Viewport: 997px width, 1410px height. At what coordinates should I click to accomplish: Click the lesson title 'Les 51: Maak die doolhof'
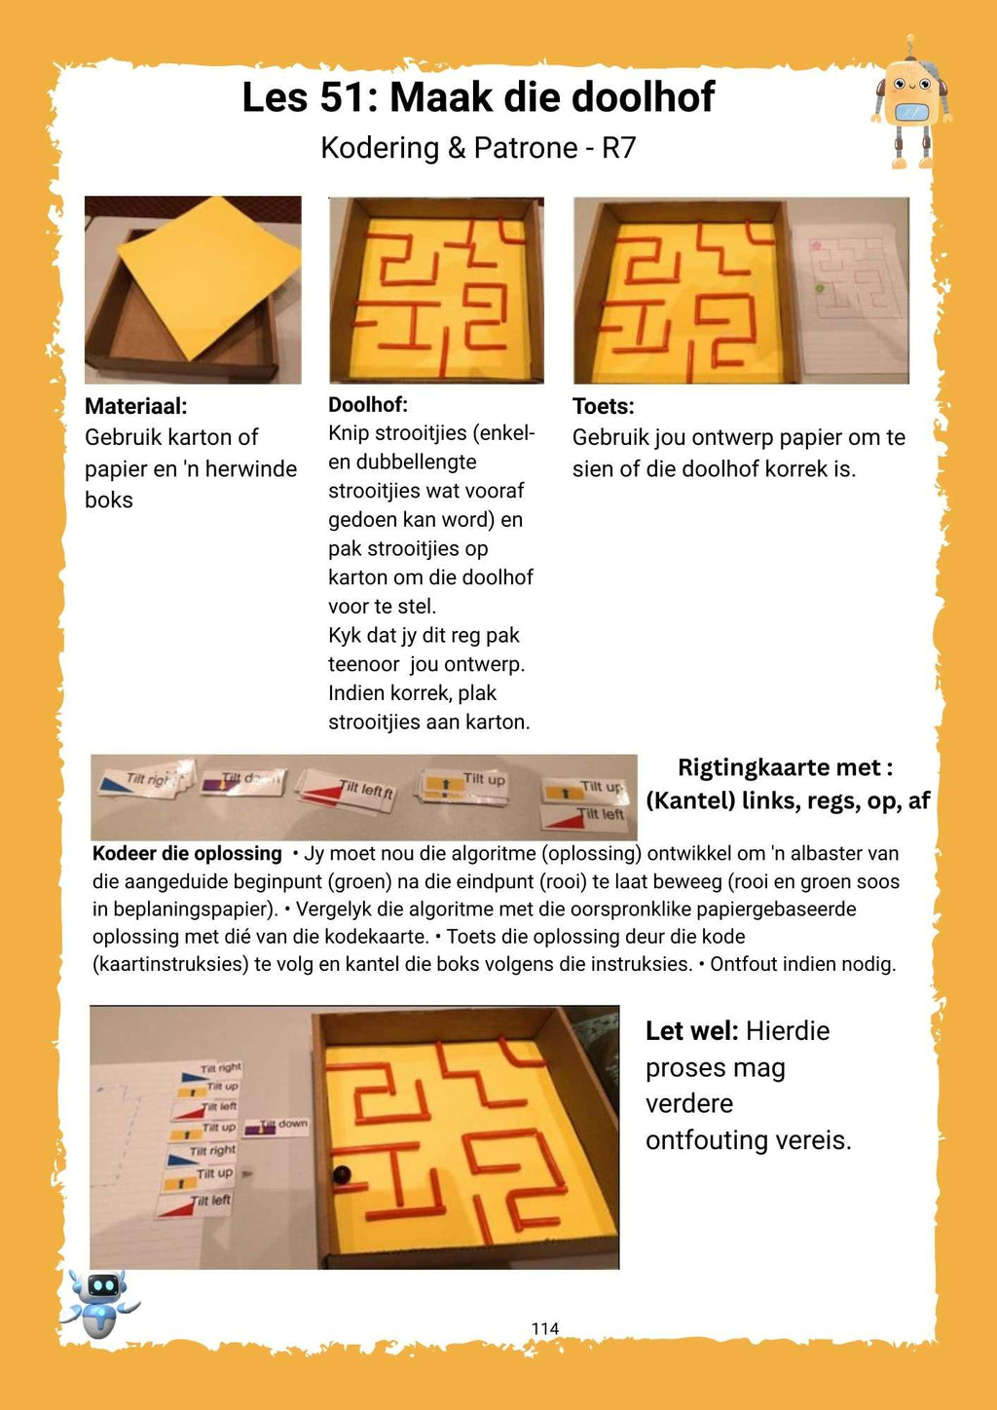pos(478,97)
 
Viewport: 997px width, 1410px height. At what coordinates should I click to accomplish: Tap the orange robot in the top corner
pos(910,103)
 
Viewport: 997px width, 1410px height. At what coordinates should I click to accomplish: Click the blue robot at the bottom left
pos(100,1302)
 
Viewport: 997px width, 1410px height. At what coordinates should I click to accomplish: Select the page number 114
pos(545,1328)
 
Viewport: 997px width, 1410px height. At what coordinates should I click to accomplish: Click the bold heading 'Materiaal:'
pos(135,406)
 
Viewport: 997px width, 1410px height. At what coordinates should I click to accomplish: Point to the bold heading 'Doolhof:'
pos(368,405)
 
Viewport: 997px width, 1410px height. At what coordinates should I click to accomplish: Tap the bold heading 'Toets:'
pos(603,406)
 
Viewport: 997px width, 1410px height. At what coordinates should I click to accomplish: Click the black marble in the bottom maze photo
pos(342,1174)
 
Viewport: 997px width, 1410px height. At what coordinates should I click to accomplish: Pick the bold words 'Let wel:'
pos(692,1031)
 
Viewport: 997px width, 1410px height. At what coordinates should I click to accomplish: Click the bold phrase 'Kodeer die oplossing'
pos(187,854)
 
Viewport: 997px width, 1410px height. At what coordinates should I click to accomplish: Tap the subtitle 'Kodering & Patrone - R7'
pos(478,148)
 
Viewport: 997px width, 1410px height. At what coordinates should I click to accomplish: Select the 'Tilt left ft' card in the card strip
pos(346,791)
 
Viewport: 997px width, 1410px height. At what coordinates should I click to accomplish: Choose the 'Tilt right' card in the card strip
pos(146,780)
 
